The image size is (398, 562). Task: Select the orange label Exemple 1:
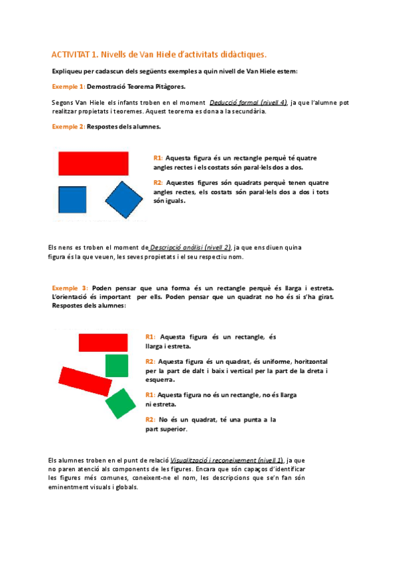pos(68,87)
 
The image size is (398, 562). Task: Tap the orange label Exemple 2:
pos(68,127)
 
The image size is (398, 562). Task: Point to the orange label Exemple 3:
pos(70,288)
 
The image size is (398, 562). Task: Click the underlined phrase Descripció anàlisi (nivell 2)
pos(191,247)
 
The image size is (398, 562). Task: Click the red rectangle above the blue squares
pos(93,162)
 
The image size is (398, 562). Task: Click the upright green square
pos(117,365)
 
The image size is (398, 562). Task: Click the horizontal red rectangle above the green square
pos(103,342)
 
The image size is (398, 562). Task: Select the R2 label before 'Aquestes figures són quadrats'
pos(158,183)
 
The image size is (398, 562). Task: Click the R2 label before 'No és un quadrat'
pos(150,420)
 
